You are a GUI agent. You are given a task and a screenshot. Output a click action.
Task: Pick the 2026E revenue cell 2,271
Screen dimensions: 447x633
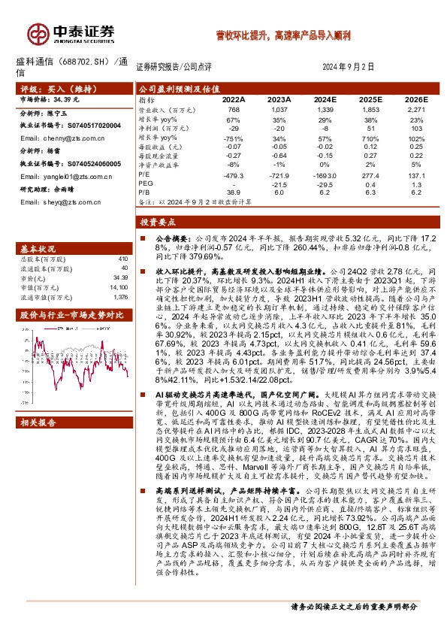pyautogui.click(x=412, y=109)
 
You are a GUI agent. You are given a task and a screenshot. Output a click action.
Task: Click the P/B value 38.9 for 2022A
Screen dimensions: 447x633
pyautogui.click(x=234, y=192)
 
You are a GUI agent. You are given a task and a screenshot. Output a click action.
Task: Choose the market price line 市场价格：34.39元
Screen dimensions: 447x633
pyautogui.click(x=47, y=98)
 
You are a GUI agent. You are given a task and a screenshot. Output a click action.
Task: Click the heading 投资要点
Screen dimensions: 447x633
pyautogui.click(x=156, y=223)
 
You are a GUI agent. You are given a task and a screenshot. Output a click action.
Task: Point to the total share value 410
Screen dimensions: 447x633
pyautogui.click(x=124, y=258)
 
